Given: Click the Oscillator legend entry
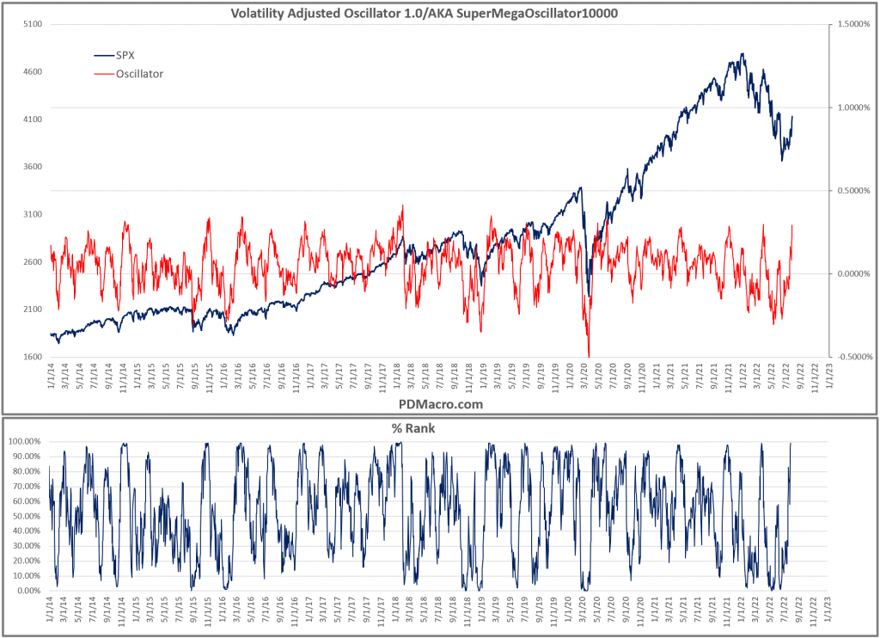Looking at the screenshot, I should click(x=139, y=74).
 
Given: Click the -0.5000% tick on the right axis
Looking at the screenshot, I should click(x=850, y=357).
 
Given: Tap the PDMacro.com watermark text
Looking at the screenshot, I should click(x=439, y=403).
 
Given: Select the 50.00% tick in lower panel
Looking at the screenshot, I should click(x=27, y=516).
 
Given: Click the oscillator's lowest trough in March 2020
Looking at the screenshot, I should click(x=589, y=355).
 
